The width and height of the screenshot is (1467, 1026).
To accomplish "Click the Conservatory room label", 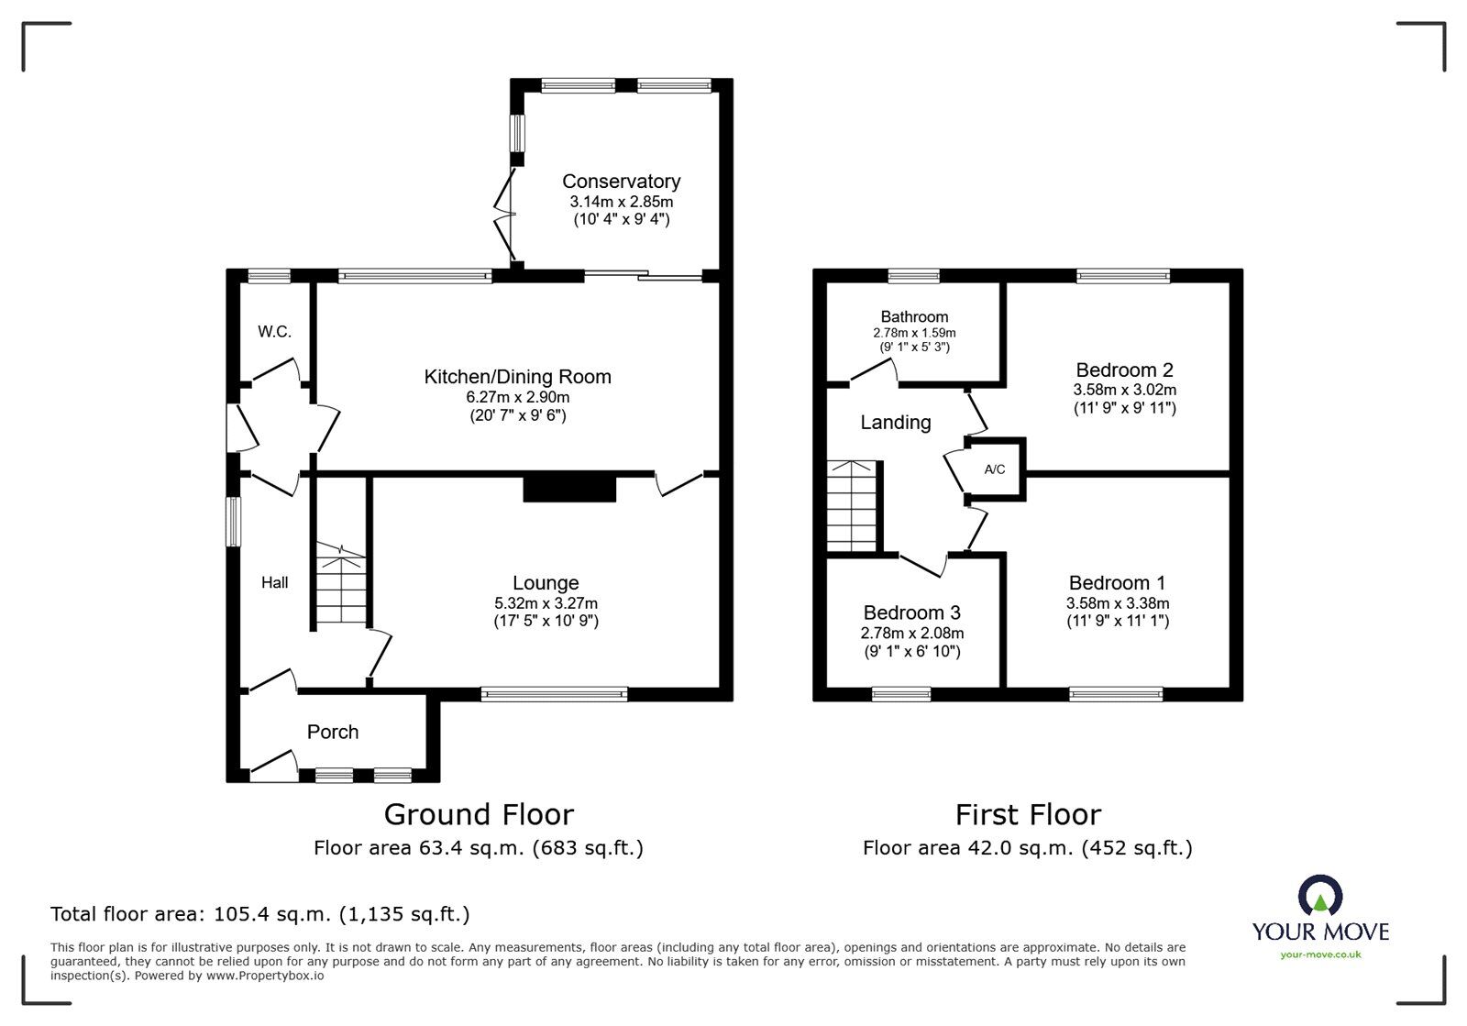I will (x=621, y=182).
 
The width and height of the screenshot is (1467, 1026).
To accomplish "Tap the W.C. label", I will (x=274, y=332).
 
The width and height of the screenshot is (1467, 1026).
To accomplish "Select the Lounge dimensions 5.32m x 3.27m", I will (x=546, y=603).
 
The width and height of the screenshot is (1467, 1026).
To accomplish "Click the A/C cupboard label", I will (x=994, y=469).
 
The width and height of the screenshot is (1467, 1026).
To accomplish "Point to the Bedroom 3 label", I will (x=911, y=612).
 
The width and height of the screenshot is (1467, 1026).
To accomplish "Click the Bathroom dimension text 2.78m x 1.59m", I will (x=914, y=333).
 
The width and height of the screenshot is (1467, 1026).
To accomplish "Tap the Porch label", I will (x=333, y=732).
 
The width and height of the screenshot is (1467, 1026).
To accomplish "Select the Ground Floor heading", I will (x=479, y=814).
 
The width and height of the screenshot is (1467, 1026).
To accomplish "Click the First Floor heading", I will (x=1028, y=814).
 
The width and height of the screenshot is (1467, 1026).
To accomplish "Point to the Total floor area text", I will (x=260, y=914).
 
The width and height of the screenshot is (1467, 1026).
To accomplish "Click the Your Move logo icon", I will (x=1320, y=897).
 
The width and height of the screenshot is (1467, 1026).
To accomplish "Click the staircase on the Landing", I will (x=853, y=506).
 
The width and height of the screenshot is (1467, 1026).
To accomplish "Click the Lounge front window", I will (x=554, y=695).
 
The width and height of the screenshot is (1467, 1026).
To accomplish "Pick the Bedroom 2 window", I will (x=1122, y=275).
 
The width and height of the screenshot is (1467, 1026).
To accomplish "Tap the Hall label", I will (x=274, y=582).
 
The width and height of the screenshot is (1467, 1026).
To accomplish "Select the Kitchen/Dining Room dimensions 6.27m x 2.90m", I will (x=517, y=397).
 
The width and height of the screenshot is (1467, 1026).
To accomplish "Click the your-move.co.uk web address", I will (x=1320, y=954).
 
